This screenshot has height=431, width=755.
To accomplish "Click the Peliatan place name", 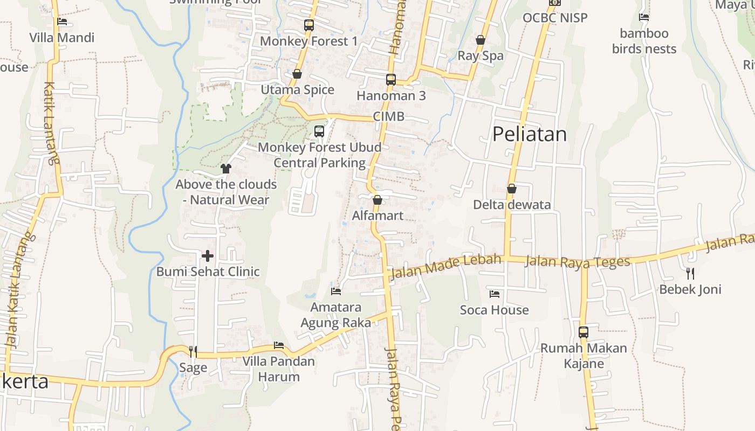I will (530, 134).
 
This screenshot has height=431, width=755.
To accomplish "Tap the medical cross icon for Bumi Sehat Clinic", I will (208, 255).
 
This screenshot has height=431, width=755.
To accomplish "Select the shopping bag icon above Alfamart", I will (377, 200).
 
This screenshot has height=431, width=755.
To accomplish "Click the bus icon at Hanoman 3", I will (391, 80).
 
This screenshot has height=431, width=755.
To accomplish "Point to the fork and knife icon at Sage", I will (193, 352).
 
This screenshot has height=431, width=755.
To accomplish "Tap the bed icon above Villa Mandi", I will (62, 22).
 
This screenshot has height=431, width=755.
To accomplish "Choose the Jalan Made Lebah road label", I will (445, 267).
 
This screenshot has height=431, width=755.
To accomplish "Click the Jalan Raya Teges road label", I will (577, 262).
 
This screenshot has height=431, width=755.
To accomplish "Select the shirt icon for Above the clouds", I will (226, 169).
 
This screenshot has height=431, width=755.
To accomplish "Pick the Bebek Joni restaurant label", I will (690, 289).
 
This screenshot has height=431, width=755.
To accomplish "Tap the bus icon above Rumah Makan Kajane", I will (584, 332).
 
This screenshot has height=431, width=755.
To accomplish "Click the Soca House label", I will (495, 310).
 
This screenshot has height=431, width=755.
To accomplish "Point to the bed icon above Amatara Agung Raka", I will (336, 291).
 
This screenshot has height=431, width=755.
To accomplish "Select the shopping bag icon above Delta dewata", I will (512, 189).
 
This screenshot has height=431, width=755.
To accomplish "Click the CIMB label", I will (388, 117).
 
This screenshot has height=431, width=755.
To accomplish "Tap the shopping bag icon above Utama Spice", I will (297, 74).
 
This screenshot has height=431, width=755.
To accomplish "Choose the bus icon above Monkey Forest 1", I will (309, 25).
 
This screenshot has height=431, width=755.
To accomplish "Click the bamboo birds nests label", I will (644, 41).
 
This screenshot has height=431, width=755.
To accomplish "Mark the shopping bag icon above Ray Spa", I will (481, 40).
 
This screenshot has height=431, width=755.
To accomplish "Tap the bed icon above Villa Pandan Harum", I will (279, 345).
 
